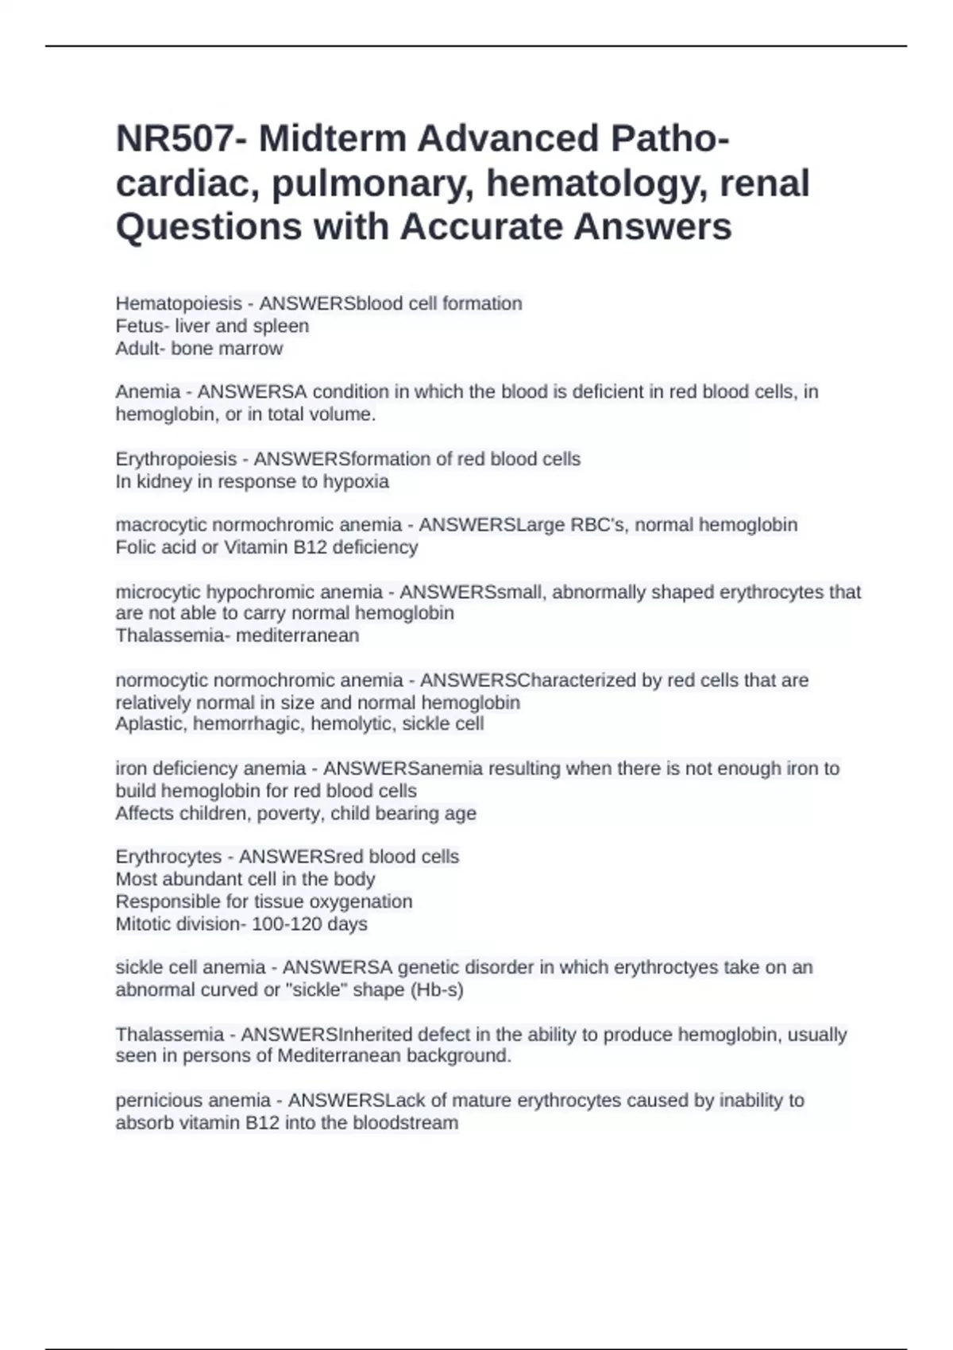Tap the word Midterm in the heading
(332, 139)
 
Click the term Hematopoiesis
(179, 303)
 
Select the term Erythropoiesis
(176, 459)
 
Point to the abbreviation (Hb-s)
(434, 990)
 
